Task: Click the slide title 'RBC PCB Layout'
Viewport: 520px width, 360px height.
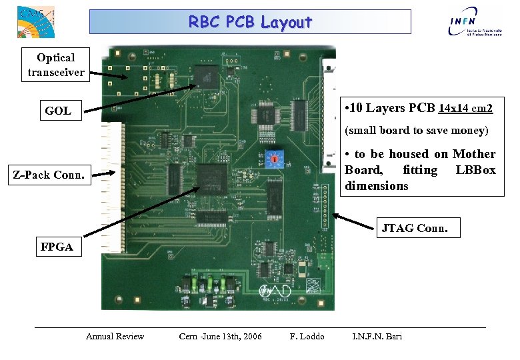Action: [250, 22]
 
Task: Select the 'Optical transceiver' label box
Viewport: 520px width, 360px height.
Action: [56, 65]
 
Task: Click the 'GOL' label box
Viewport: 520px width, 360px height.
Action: [58, 111]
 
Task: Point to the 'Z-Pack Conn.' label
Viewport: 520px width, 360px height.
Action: [50, 176]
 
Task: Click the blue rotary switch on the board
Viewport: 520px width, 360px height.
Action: [273, 159]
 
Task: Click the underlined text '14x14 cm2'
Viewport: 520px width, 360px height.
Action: [465, 108]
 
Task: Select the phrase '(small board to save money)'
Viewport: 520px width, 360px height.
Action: [417, 130]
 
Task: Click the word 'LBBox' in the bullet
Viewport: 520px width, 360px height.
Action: [475, 170]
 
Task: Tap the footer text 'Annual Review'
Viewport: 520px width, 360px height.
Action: [115, 336]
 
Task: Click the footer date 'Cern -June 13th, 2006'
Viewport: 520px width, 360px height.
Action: [220, 336]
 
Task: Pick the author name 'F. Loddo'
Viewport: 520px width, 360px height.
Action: [307, 336]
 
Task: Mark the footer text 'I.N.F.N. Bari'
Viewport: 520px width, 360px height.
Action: [377, 336]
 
